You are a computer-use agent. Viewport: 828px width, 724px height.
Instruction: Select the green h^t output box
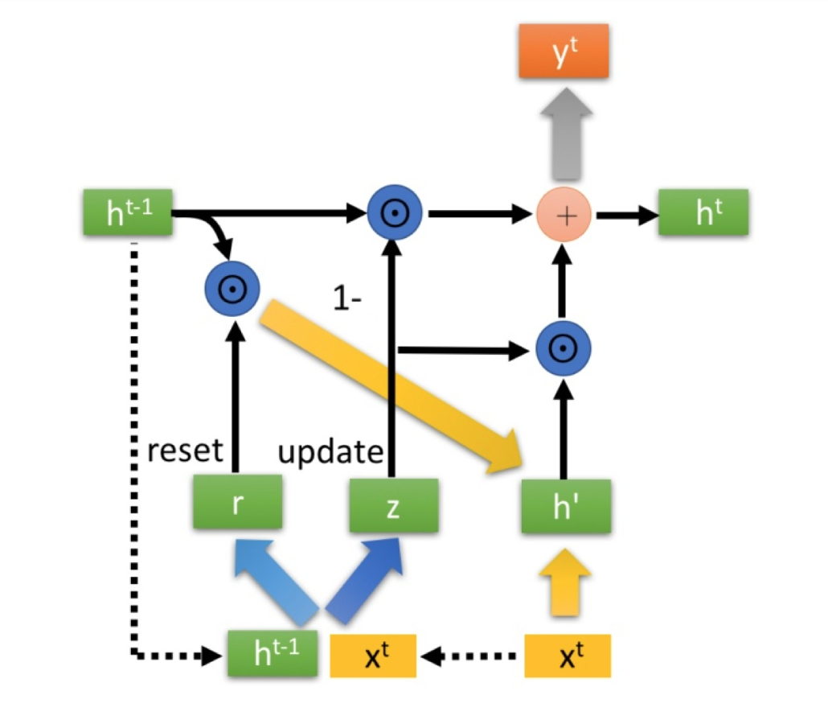tap(703, 213)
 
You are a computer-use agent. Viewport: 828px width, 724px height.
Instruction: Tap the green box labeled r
tap(237, 504)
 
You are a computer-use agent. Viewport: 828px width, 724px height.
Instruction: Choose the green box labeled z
tap(393, 506)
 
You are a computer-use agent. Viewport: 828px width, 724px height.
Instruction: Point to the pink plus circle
tap(564, 216)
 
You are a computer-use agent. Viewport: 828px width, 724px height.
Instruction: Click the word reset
tap(185, 450)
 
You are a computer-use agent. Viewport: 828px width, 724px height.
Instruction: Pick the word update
tap(330, 452)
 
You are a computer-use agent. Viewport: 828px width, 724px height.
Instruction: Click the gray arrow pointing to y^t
tap(564, 136)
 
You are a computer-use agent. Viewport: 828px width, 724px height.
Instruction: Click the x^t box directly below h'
tap(568, 656)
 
